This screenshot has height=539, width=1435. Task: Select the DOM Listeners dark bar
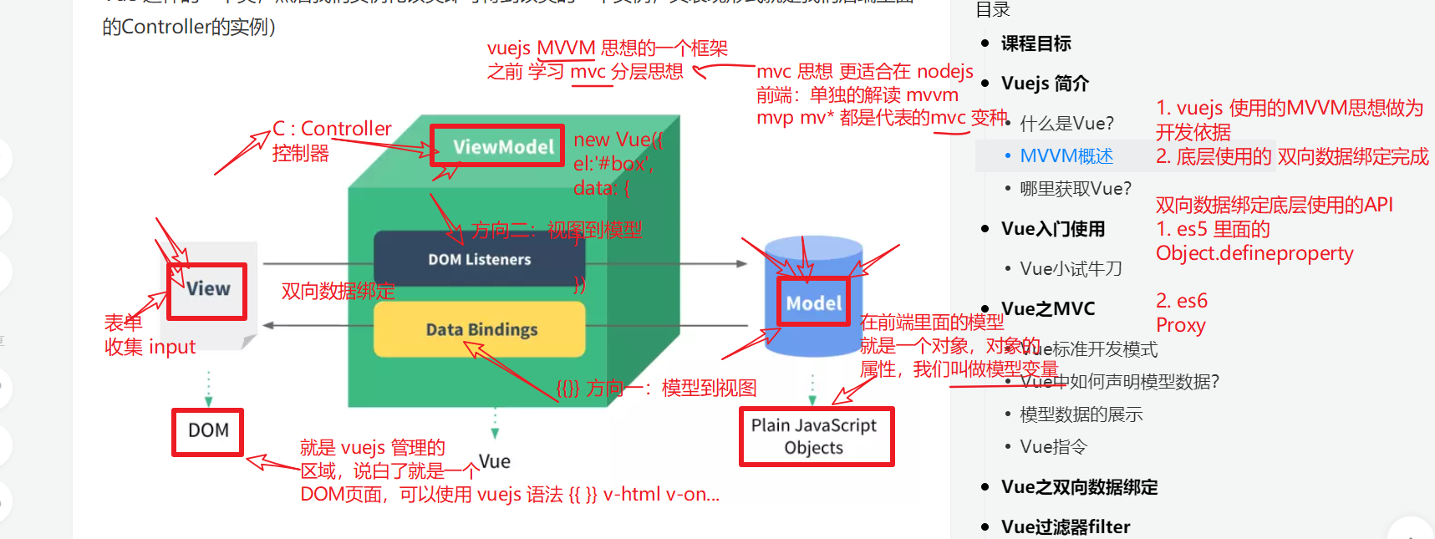(479, 259)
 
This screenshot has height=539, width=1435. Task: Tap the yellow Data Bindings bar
(480, 329)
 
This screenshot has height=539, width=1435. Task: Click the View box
(207, 290)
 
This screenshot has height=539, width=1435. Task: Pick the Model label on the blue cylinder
(813, 303)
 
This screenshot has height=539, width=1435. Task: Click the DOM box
(207, 431)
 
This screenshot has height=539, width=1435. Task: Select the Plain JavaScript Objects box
(816, 436)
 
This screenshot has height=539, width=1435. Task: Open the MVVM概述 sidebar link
(1066, 156)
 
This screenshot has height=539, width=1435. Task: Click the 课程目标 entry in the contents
(1036, 43)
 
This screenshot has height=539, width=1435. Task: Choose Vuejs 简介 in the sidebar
(1045, 84)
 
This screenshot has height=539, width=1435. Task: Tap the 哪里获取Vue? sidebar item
(1076, 189)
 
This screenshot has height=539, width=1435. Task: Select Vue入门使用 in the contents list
(1052, 229)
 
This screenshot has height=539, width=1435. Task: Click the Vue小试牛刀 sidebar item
(1071, 268)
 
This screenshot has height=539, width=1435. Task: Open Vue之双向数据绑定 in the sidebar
(1079, 487)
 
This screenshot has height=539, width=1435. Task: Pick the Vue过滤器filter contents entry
(1065, 526)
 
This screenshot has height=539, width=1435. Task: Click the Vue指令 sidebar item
(1053, 447)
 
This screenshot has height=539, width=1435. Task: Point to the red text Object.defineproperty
(1254, 253)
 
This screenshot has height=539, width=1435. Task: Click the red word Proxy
(1180, 325)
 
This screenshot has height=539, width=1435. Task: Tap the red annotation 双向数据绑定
(338, 291)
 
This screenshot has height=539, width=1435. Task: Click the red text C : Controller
(332, 129)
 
